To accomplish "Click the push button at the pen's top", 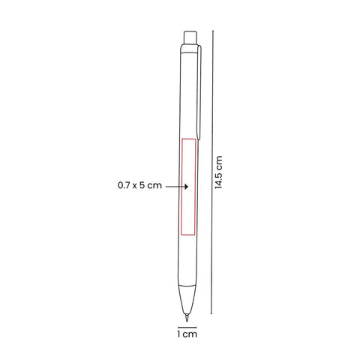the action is point(190,37).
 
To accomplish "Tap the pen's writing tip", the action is point(187,316).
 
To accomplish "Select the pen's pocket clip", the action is point(199,92).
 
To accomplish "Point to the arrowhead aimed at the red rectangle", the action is point(186,187).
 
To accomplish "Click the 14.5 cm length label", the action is point(218,172).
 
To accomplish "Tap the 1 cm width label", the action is point(187,334).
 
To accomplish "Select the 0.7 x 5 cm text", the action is point(139,185).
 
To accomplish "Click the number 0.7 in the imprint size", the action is point(124,185).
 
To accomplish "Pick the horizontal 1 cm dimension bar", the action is point(187,327).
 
